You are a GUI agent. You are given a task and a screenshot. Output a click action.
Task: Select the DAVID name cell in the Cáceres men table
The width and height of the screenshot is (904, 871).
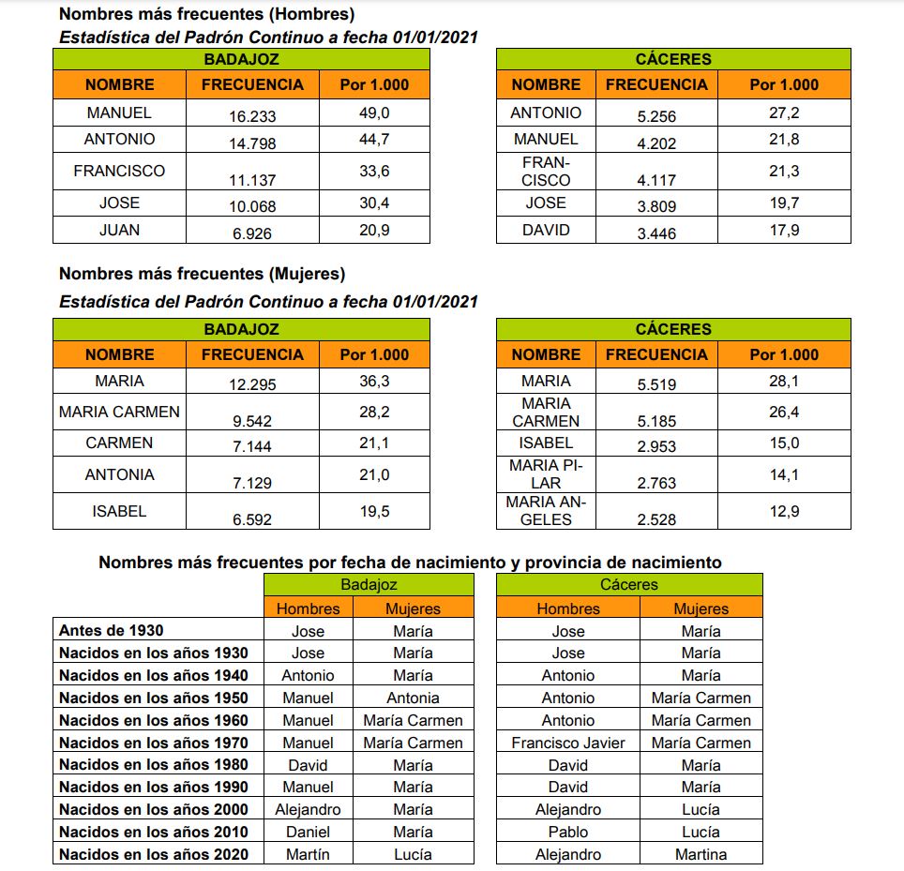(545, 230)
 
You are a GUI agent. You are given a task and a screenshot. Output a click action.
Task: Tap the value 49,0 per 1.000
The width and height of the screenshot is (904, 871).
(373, 113)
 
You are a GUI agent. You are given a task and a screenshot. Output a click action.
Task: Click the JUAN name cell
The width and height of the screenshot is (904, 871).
(119, 230)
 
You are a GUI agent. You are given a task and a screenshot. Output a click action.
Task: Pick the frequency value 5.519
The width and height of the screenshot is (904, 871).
(655, 384)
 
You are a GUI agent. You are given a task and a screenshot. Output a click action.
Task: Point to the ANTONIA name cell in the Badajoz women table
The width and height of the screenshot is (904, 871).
(119, 474)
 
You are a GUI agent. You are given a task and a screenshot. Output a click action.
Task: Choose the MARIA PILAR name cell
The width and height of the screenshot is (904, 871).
(545, 474)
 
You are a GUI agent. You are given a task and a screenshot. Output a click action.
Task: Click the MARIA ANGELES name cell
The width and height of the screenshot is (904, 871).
(545, 510)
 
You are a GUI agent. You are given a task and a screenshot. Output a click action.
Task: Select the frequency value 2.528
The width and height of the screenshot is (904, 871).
(655, 519)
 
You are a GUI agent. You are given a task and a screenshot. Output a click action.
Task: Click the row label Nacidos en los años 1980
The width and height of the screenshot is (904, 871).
(153, 765)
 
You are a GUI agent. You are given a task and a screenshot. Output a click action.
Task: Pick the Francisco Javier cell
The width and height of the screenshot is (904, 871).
(567, 743)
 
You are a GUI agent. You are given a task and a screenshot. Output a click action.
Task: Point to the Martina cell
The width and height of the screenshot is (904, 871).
(701, 854)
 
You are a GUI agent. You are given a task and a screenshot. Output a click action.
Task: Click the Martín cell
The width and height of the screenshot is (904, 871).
(308, 854)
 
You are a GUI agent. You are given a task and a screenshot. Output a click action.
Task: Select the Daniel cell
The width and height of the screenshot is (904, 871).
(308, 832)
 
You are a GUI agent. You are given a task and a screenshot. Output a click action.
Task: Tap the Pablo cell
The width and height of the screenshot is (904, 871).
(567, 832)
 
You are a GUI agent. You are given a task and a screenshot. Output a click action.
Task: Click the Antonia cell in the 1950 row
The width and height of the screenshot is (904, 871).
(413, 698)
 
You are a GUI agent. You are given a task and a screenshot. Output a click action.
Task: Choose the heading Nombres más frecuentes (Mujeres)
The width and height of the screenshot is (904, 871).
(202, 274)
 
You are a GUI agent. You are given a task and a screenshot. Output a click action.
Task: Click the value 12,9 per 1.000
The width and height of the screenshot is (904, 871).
(783, 510)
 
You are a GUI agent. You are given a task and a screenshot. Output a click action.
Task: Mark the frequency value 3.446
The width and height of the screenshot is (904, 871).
(655, 234)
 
